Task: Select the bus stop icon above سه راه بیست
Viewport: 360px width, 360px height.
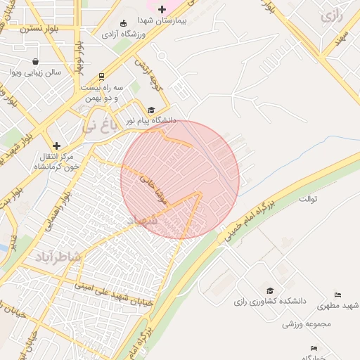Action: (102, 76)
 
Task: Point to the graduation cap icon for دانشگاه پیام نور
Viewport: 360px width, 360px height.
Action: (151, 110)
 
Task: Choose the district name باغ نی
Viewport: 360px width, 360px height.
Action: (96, 127)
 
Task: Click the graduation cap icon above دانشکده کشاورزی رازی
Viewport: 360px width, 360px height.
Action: (270, 290)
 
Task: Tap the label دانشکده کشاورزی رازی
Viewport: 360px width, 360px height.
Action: (270, 302)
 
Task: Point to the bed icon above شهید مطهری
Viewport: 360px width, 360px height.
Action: (337, 295)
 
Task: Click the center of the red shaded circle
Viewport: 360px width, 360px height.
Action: (180, 179)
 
